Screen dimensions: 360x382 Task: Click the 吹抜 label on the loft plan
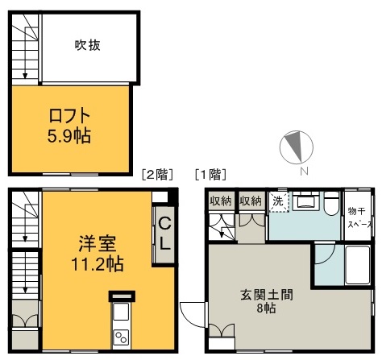(x=86, y=46)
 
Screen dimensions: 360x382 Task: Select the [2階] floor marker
(x=156, y=173)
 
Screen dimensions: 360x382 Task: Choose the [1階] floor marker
(x=209, y=173)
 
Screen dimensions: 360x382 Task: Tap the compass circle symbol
(x=295, y=147)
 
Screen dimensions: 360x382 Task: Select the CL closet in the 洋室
(x=164, y=234)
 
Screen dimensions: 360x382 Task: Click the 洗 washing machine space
(x=277, y=201)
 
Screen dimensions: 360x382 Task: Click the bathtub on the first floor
(x=359, y=262)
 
